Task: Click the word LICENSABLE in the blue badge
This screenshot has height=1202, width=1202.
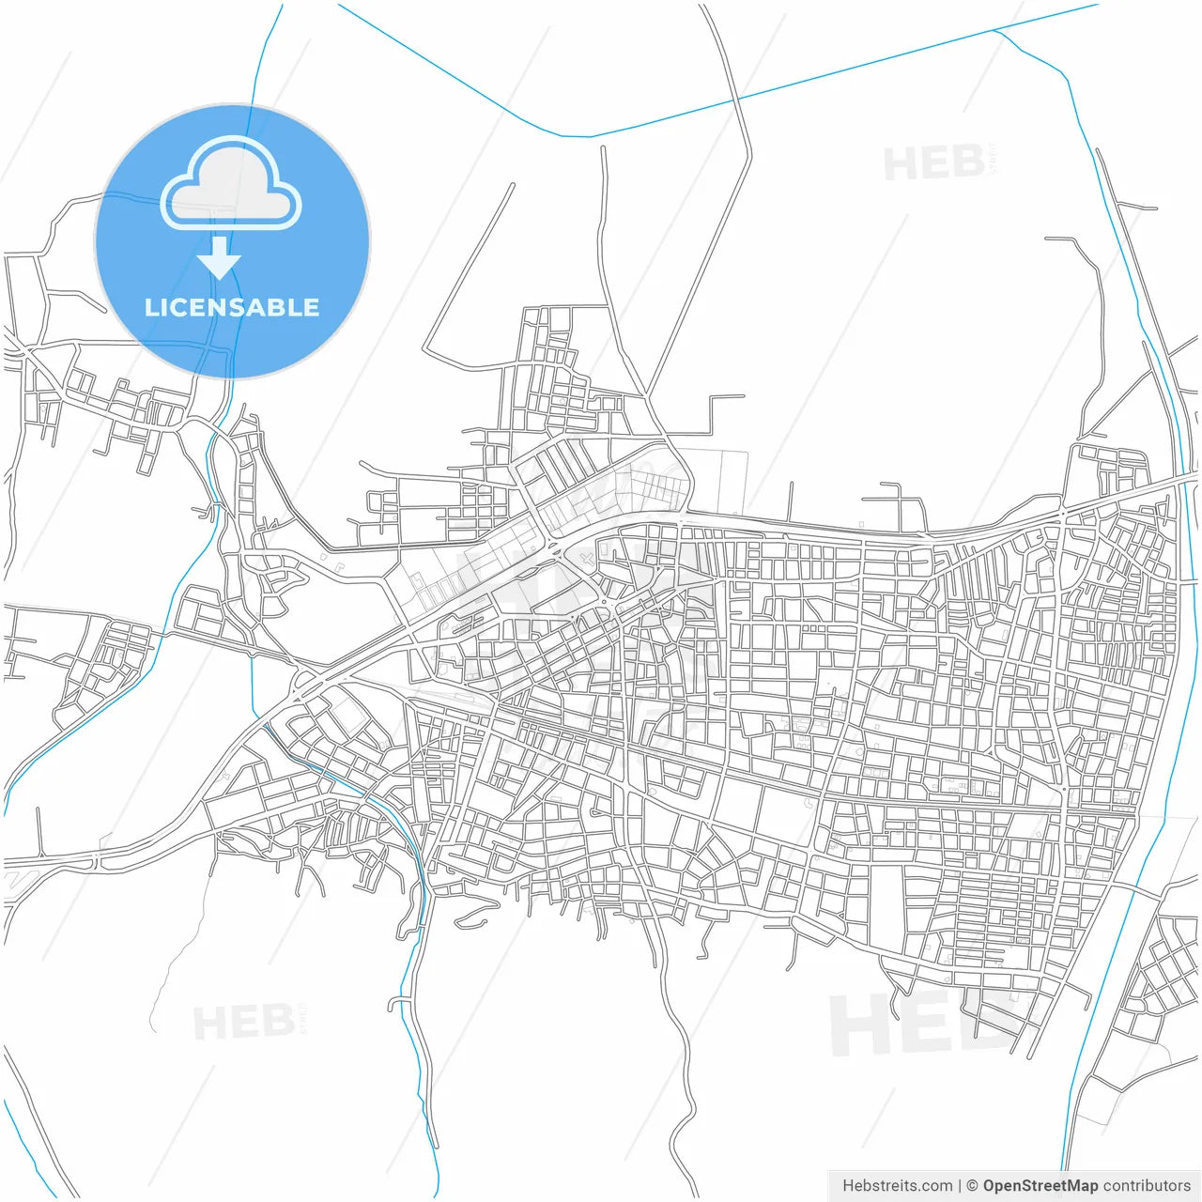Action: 232,307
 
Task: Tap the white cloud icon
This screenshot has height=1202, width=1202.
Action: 231,184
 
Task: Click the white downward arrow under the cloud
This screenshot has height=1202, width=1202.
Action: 219,257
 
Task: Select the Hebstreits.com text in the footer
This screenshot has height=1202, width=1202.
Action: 897,1186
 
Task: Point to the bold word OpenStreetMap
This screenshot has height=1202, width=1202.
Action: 1040,1186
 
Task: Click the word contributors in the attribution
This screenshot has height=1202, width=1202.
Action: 1147,1186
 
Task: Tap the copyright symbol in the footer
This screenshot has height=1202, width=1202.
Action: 972,1186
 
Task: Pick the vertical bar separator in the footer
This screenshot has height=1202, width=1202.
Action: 959,1186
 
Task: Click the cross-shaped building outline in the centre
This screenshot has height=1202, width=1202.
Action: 587,561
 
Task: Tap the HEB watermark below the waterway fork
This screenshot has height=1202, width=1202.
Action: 934,164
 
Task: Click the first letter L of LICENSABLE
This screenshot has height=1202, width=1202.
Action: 150,307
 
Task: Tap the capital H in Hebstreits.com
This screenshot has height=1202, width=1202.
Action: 848,1186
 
